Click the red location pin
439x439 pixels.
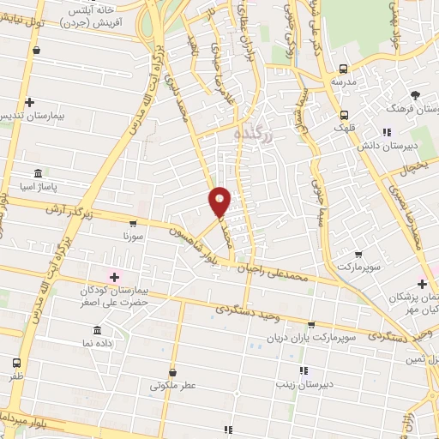coord(220,201)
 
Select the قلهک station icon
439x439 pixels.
coord(344,114)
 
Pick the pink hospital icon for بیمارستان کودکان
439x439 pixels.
coord(113,276)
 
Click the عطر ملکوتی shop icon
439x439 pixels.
coord(173,372)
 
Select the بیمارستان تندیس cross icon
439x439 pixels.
coord(30,102)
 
